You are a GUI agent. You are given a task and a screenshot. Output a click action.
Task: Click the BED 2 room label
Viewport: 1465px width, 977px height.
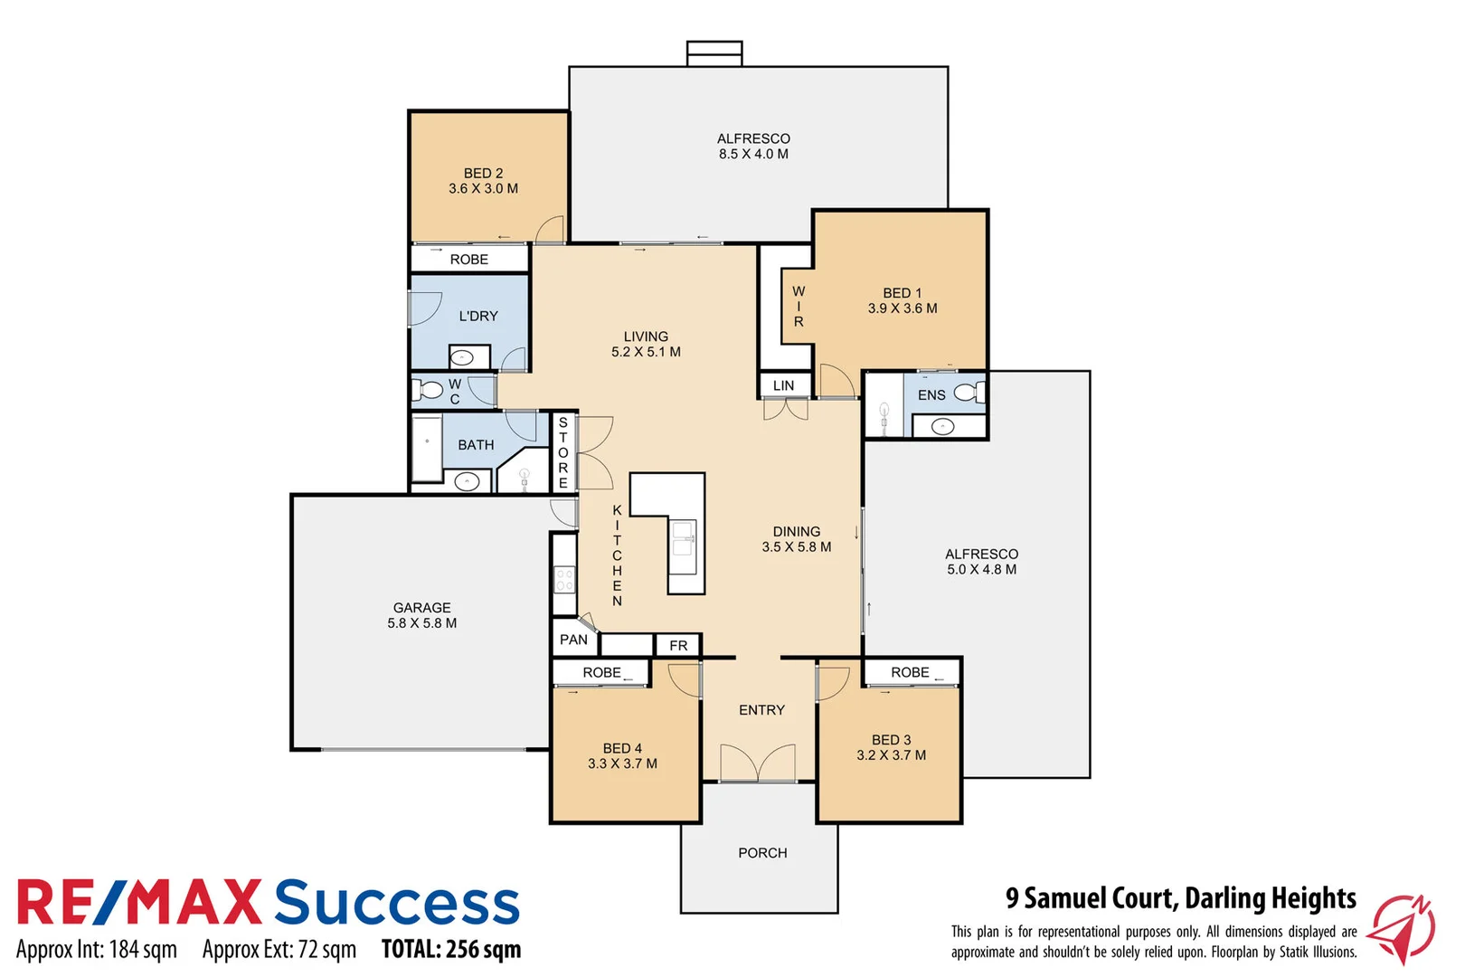[x=483, y=173]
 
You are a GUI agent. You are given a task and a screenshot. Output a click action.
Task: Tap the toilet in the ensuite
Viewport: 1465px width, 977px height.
[x=967, y=393]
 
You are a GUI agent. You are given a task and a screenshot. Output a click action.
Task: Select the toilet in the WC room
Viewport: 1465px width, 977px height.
[x=428, y=391]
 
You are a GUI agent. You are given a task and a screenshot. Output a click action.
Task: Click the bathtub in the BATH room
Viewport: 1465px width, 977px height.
[x=427, y=449]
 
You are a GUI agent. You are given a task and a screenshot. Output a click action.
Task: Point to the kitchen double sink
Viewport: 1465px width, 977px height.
[x=683, y=538]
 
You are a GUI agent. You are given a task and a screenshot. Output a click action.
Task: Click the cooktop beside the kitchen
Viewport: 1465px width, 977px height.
[x=564, y=579]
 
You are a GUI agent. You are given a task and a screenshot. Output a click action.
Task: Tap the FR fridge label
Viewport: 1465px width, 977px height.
[x=678, y=645]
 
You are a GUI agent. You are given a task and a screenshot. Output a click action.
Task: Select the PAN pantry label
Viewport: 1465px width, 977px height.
[x=573, y=640]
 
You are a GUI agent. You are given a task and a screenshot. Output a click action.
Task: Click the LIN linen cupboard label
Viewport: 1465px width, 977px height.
[x=783, y=385]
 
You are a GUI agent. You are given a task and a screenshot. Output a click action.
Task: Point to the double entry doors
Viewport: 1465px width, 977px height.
[x=758, y=764]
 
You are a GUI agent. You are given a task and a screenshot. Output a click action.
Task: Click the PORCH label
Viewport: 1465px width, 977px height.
[x=762, y=853]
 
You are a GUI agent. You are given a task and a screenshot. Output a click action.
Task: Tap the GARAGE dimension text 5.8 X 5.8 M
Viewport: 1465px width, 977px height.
[x=421, y=623]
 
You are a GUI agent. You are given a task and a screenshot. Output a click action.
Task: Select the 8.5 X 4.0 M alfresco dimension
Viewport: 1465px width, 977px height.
[x=753, y=154]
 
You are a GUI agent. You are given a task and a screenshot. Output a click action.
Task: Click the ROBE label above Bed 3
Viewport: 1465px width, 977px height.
[x=910, y=672]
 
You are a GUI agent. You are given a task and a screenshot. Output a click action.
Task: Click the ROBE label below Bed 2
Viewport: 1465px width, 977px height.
[x=468, y=260]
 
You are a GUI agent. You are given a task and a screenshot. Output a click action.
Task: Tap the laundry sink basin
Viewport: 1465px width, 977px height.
[x=463, y=357]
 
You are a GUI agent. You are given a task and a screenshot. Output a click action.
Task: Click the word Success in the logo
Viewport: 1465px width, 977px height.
[x=397, y=903]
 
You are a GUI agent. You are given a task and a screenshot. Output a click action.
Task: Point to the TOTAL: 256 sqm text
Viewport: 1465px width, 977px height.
[x=451, y=949]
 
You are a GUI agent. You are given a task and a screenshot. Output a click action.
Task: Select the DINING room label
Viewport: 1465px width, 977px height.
[x=797, y=532]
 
